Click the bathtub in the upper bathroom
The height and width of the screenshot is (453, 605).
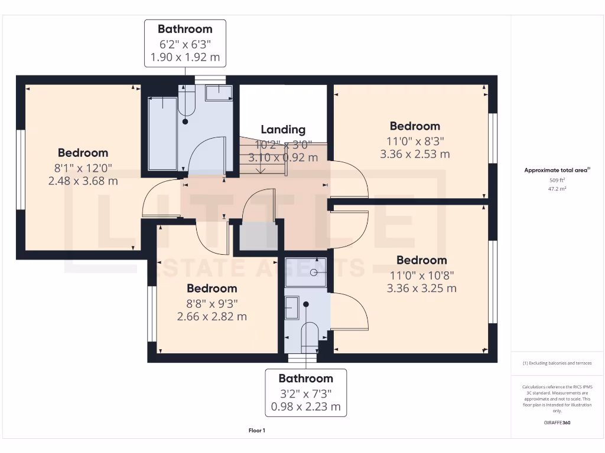click(x=162, y=134)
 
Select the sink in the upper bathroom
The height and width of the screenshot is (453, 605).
click(x=218, y=91)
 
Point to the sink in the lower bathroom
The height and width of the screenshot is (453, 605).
click(x=292, y=308)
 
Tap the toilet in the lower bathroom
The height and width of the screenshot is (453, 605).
click(x=310, y=338)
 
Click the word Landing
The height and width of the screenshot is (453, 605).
click(x=283, y=130)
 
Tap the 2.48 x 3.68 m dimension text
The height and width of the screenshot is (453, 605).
click(x=83, y=181)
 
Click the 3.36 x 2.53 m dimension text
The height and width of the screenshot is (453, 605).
click(x=415, y=154)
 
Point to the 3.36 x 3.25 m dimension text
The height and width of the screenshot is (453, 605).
click(x=421, y=288)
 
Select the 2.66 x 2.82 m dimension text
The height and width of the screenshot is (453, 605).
click(x=212, y=317)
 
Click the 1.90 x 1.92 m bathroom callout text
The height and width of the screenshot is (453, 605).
click(x=185, y=57)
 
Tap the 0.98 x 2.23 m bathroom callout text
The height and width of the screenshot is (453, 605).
click(x=305, y=406)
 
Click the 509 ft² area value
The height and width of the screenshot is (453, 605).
click(x=558, y=180)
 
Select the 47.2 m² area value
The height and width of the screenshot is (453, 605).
click(x=558, y=189)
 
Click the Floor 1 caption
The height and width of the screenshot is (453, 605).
click(x=256, y=431)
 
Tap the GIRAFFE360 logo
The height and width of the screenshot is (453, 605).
click(x=557, y=423)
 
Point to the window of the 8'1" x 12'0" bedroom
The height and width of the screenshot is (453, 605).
click(x=20, y=169)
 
